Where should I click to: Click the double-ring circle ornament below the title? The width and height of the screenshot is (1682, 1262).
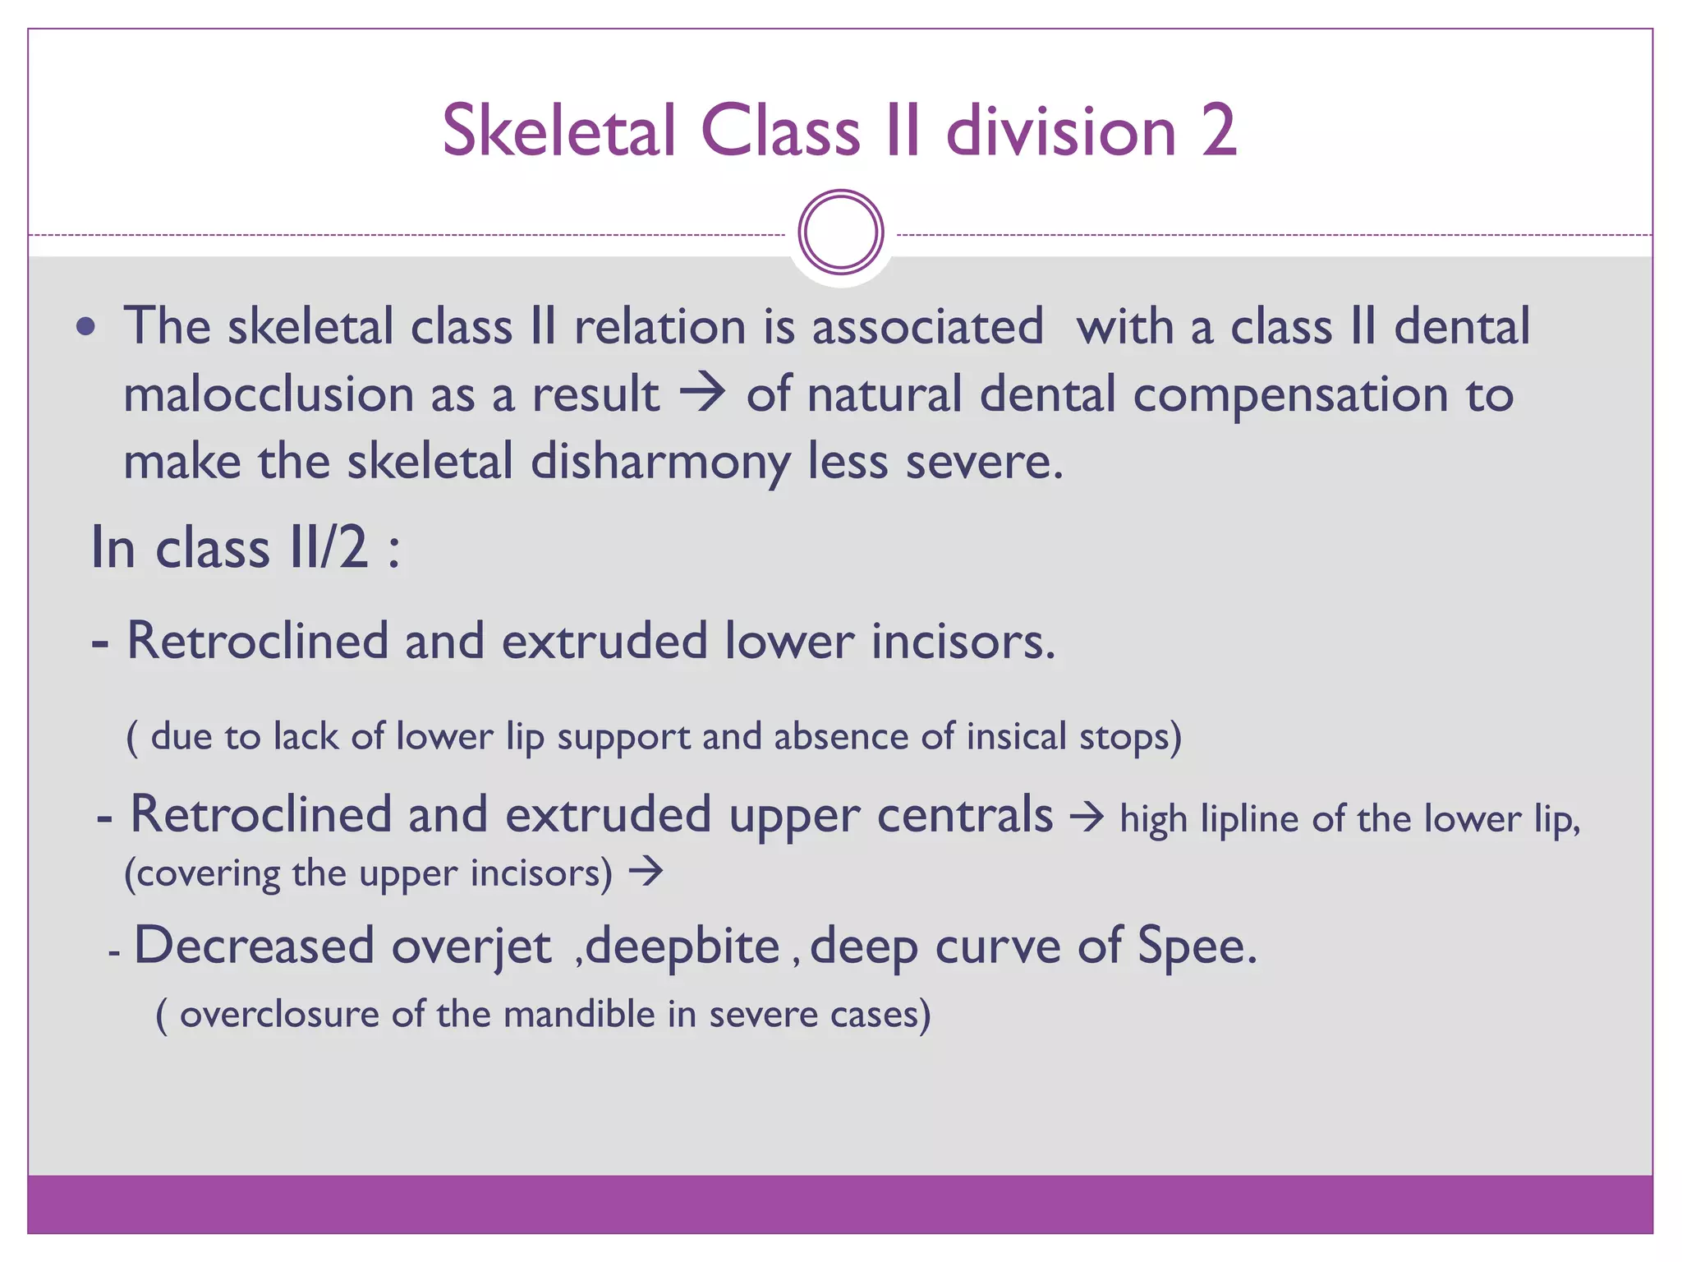click(x=840, y=233)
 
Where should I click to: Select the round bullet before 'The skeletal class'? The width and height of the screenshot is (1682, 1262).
click(x=85, y=328)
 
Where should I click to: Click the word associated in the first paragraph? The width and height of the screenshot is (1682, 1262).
click(x=927, y=327)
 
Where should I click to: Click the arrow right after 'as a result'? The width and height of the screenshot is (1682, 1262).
click(x=702, y=393)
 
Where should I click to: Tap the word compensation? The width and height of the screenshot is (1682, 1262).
click(x=1290, y=394)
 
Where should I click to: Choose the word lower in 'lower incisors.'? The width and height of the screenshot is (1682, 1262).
click(x=788, y=641)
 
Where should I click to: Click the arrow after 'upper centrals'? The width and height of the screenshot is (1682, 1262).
click(x=1087, y=818)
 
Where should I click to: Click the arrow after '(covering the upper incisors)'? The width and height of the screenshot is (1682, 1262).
click(x=646, y=872)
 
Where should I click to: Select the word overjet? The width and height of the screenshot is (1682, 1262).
click(x=471, y=946)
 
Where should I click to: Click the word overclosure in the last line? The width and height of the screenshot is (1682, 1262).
click(x=279, y=1015)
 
